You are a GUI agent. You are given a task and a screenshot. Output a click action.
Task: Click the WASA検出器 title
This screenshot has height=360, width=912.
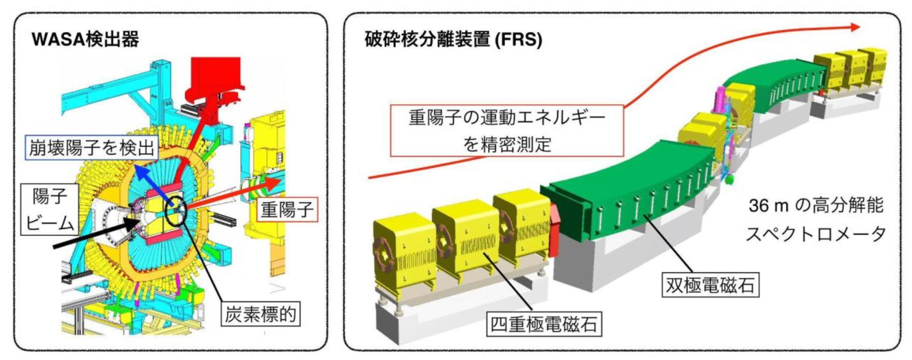click(x=85, y=39)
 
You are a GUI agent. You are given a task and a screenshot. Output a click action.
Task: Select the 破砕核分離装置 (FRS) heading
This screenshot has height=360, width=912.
click(x=453, y=39)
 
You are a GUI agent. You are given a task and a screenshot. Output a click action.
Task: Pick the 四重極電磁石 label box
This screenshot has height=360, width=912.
click(x=544, y=324)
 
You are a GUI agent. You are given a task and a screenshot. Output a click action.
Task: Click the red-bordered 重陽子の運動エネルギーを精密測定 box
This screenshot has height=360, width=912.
click(x=507, y=130)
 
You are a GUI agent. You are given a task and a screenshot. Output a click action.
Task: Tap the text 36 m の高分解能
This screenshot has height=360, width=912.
click(x=816, y=205)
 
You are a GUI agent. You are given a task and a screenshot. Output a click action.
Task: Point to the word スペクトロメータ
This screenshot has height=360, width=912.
click(x=816, y=234)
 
